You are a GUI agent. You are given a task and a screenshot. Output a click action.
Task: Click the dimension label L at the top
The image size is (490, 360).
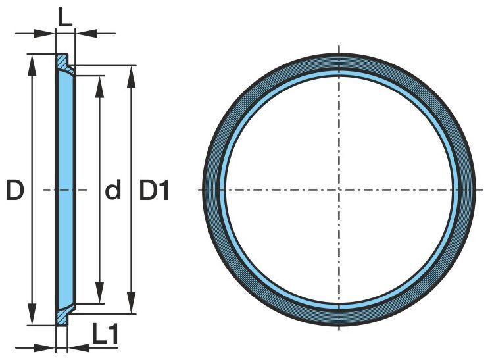click(65, 19)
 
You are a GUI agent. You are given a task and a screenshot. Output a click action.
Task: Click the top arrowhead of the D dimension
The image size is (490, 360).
click(32, 65)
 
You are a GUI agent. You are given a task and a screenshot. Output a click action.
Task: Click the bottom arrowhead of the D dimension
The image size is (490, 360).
click(32, 315)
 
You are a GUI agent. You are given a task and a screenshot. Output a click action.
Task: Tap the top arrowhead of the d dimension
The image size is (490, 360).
click(100, 87)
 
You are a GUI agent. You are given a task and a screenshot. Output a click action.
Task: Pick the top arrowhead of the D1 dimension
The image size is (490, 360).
click(132, 76)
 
